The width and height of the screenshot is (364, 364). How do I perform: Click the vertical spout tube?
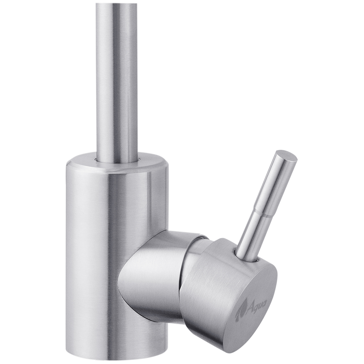(x=117, y=78)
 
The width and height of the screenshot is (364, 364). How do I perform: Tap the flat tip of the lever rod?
(x=287, y=157)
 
